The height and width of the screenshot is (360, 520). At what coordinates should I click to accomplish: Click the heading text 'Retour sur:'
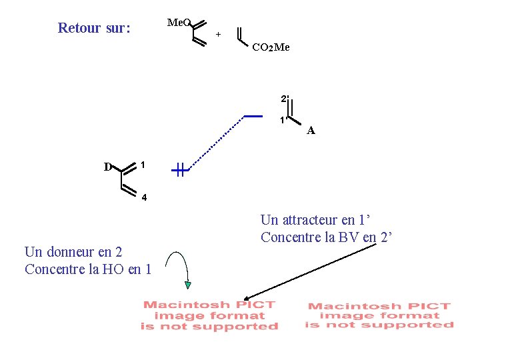(94, 28)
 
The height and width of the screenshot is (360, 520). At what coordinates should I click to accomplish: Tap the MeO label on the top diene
(178, 23)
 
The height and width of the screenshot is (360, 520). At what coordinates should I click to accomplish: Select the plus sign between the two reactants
(218, 34)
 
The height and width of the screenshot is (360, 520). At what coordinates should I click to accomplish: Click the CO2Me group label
(271, 47)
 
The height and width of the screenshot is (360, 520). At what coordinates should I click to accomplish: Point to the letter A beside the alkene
(311, 131)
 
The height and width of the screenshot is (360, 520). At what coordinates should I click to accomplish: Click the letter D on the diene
(107, 167)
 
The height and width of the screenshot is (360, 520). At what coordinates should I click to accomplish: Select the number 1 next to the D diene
(143, 164)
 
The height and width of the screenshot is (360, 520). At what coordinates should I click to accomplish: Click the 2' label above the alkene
(284, 99)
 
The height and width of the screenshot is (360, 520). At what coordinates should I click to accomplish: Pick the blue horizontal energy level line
(254, 116)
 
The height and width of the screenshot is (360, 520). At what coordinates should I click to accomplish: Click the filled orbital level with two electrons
(181, 171)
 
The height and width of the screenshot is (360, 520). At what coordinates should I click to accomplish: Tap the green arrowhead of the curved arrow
(188, 285)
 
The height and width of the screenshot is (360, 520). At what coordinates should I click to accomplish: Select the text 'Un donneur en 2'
(73, 252)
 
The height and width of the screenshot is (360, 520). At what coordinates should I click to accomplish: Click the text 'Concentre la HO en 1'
(88, 269)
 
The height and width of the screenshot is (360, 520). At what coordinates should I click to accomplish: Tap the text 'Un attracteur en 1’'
(315, 219)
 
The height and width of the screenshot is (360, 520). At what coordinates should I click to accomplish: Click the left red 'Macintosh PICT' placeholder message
(209, 315)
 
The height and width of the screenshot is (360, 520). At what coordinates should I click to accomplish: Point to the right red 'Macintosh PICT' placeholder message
(379, 315)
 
